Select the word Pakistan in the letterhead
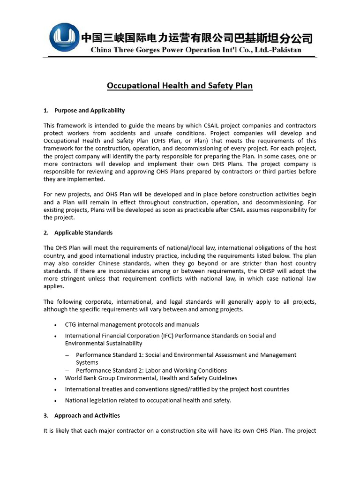tap(285, 50)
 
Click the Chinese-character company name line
tap(197, 37)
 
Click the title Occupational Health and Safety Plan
tap(180, 86)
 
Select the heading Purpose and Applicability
tap(90, 111)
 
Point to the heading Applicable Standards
tap(83, 232)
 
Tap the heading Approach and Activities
tap(87, 415)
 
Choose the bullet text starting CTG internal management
tap(132, 324)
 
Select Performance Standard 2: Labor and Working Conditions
tap(151, 370)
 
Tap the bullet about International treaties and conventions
tap(177, 389)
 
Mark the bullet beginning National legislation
tap(148, 400)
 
